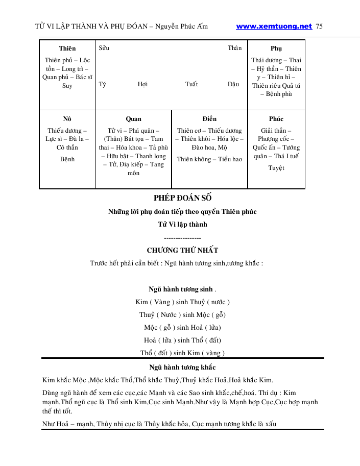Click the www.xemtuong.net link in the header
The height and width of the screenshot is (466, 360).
click(274, 26)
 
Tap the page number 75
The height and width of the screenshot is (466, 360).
click(320, 26)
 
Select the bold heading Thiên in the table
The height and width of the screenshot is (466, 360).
click(67, 48)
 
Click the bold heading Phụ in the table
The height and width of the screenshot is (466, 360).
click(276, 48)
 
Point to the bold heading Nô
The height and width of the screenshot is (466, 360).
click(67, 119)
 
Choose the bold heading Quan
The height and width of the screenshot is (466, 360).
click(133, 119)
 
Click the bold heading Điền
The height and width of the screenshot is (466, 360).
click(209, 119)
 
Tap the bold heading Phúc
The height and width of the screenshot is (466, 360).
click(276, 119)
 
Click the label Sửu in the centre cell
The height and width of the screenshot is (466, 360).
click(104, 48)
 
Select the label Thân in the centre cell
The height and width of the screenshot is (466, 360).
click(234, 48)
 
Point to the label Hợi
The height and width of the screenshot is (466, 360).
click(142, 84)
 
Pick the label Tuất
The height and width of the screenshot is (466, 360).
click(191, 84)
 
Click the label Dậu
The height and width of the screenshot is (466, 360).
click(233, 84)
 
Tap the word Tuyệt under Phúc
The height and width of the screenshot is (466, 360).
click(276, 168)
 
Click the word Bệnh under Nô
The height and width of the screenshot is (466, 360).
click(67, 159)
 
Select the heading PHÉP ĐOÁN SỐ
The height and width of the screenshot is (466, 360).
click(182, 198)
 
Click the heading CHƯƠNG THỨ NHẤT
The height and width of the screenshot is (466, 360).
click(182, 250)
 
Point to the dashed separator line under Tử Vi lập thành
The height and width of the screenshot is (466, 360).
click(182, 238)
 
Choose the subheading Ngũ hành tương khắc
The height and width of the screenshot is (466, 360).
click(182, 367)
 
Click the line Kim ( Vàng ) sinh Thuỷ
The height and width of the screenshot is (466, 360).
click(182, 302)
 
